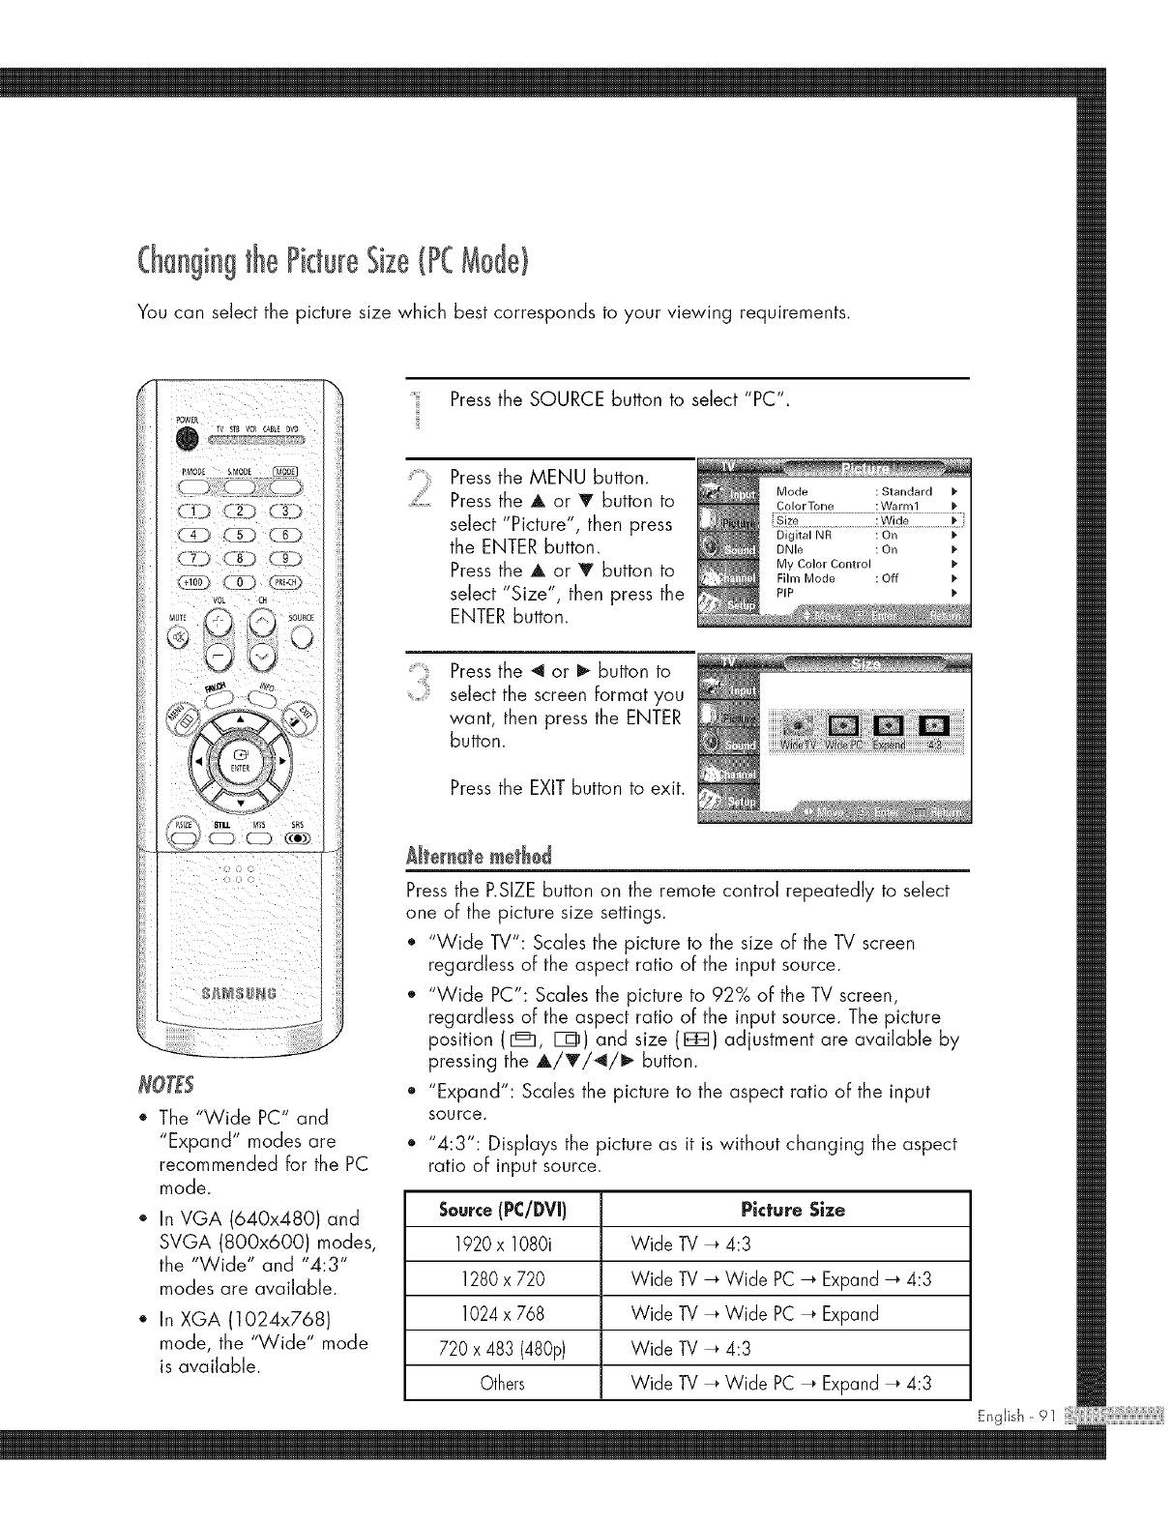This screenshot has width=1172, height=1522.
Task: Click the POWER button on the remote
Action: click(x=184, y=439)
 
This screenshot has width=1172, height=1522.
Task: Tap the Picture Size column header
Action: click(x=792, y=1210)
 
